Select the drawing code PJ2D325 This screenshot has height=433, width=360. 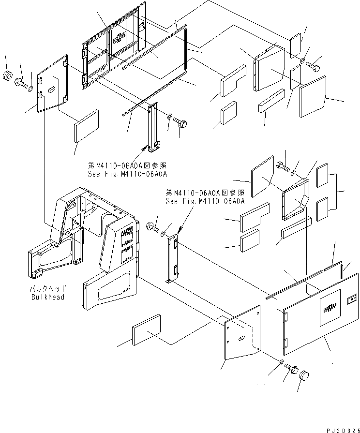pos(341,429)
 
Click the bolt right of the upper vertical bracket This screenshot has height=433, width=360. pos(182,121)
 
